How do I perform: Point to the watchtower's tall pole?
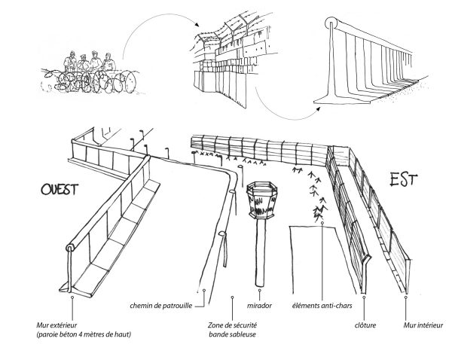(261, 249)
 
